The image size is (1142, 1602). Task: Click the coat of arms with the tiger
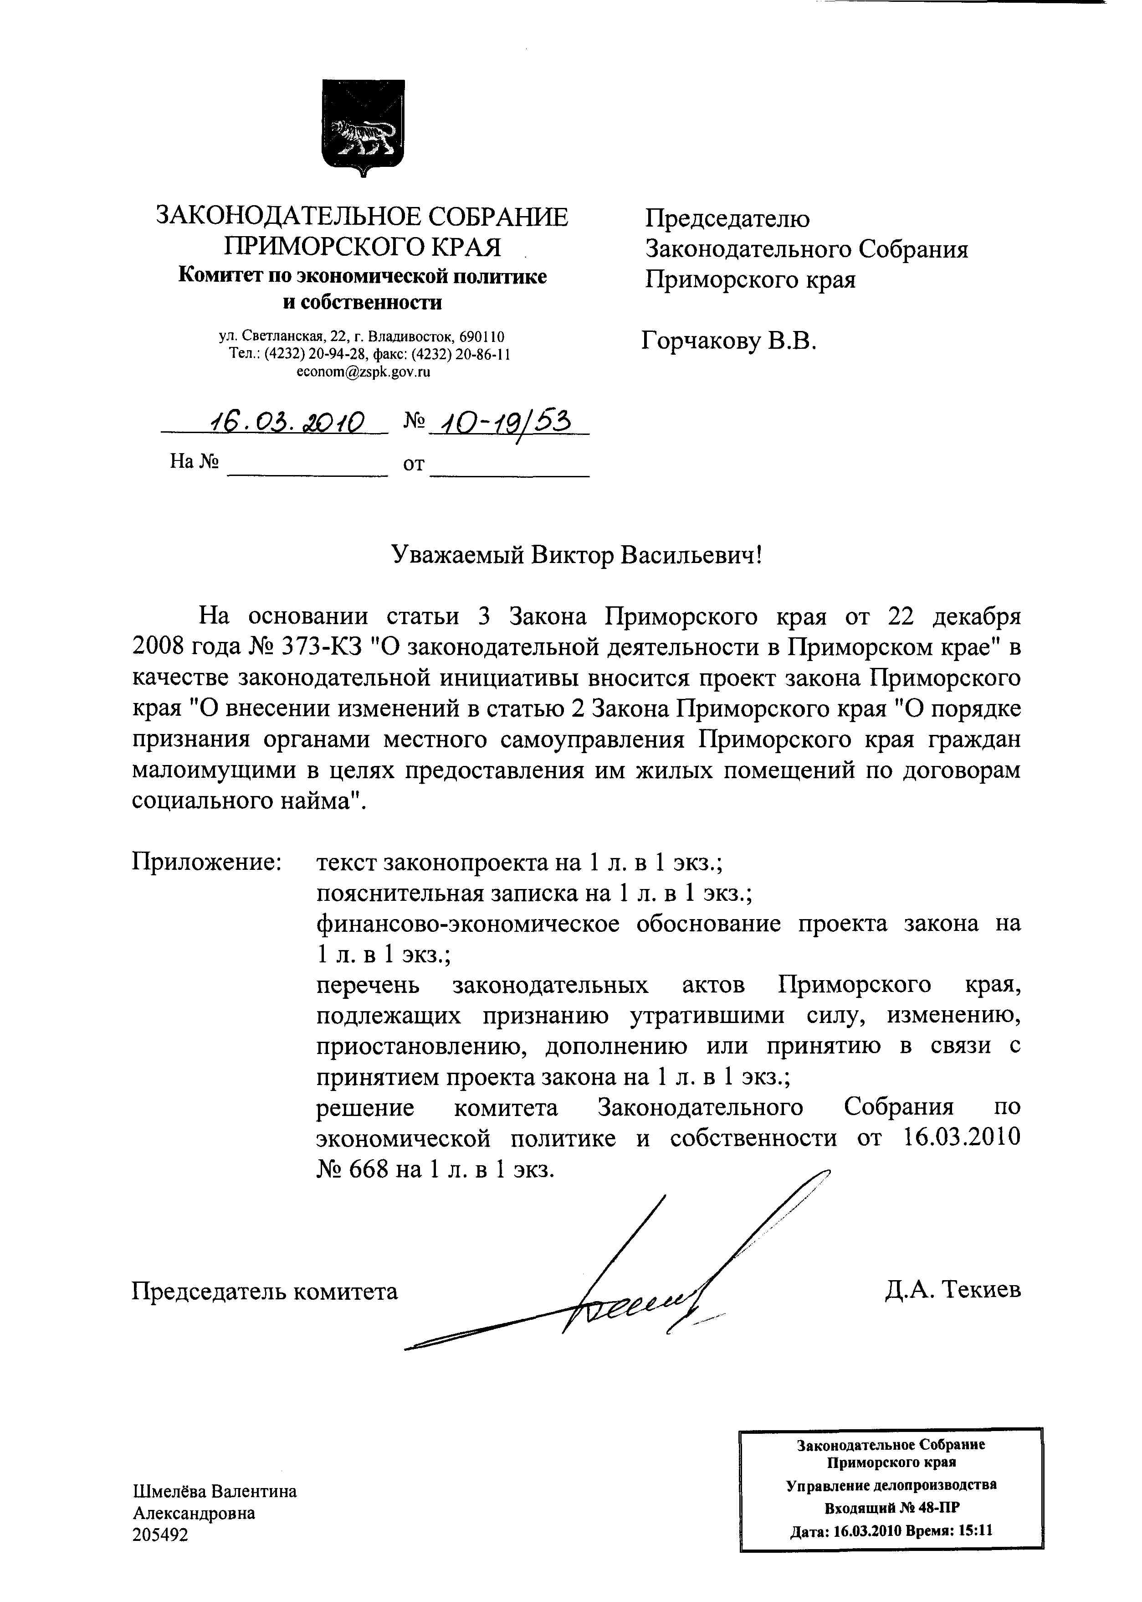(363, 127)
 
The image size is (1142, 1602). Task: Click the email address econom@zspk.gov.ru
(363, 372)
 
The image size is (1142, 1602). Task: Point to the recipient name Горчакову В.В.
(728, 342)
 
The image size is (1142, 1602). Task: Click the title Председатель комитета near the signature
(264, 1291)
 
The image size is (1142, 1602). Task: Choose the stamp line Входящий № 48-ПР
(891, 1507)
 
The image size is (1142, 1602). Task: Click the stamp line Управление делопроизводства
(891, 1485)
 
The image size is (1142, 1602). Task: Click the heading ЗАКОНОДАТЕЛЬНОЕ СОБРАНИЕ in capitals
(361, 216)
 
